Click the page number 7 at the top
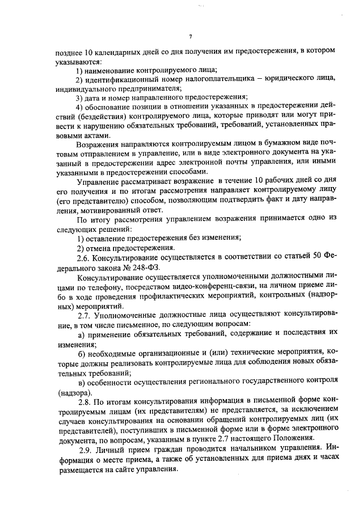(191, 37)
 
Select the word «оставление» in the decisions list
(106, 237)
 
